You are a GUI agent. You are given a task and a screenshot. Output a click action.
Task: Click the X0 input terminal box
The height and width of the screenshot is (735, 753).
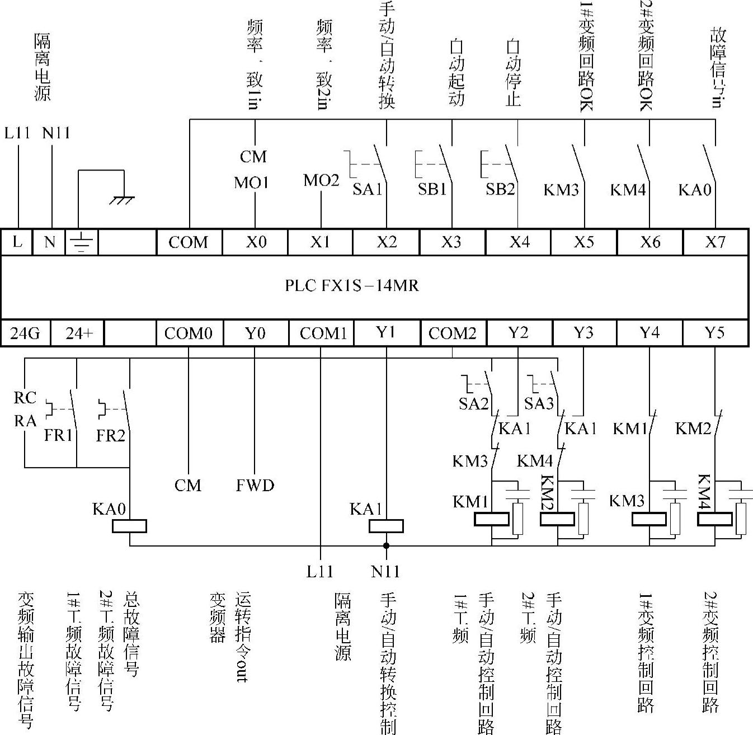pos(256,242)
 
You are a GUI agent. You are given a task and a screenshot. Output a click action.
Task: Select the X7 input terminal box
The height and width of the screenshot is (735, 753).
pos(715,242)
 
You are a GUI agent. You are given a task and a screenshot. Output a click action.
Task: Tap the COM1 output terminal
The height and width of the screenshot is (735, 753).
pos(323,333)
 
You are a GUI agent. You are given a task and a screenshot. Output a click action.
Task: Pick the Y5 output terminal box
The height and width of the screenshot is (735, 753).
pos(715,333)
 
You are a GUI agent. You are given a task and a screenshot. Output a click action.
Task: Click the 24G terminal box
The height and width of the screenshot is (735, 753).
pos(26,333)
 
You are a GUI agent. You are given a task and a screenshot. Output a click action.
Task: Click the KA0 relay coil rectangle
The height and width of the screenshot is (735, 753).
pos(129,526)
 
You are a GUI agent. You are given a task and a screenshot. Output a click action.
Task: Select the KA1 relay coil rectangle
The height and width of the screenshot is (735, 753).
pos(386,526)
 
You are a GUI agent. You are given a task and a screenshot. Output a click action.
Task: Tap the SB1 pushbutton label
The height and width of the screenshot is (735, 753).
pos(432,189)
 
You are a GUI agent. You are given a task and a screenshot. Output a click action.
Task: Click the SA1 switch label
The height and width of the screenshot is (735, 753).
pos(367,189)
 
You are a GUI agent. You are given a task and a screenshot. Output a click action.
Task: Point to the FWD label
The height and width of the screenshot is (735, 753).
pos(255,485)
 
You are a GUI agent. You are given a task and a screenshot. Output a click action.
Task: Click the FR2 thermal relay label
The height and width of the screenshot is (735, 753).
pos(110,435)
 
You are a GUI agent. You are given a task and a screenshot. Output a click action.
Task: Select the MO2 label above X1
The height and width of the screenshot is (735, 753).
pos(321,180)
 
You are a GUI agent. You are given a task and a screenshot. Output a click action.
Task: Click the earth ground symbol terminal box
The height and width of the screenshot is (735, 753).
pos(82,242)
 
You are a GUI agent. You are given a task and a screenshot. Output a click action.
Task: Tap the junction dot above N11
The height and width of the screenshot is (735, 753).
pos(386,545)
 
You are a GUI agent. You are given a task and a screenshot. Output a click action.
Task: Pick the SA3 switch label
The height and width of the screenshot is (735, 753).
pos(539,403)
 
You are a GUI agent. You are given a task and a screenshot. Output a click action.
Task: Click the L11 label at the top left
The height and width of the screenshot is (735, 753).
pos(17,133)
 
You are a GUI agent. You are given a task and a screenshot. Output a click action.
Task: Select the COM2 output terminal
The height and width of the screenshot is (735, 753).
pos(453,333)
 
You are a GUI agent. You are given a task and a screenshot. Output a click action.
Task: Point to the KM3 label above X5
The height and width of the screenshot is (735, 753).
pos(561,190)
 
